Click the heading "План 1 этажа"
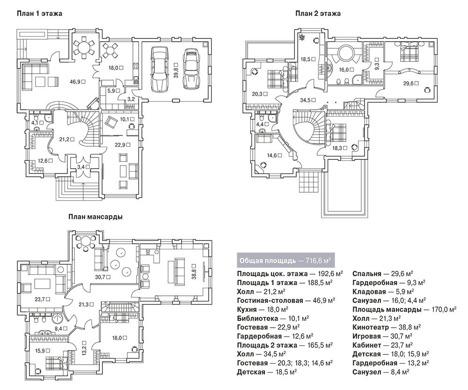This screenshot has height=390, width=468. tap(39, 14)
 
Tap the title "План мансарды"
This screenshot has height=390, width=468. tap(95, 217)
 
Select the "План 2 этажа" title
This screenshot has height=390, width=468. tap(318, 14)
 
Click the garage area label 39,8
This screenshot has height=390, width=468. tap(176, 70)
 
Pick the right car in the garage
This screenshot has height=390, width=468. tap(191, 69)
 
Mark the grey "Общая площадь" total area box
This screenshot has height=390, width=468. tap(285, 261)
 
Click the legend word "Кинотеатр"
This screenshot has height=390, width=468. tap(370, 327)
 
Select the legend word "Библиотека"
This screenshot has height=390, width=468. tap(257, 318)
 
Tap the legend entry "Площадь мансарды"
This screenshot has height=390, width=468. tap(387, 309)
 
